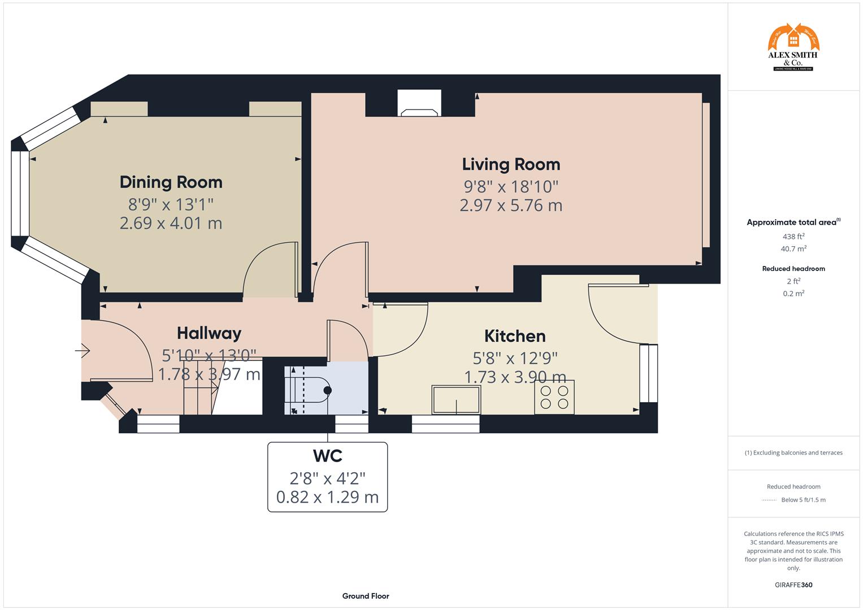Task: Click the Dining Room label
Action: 171,182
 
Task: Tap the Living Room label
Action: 511,164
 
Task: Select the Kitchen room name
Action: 515,336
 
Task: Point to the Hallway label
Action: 209,333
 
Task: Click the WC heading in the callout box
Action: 327,455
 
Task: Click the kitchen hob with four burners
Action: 554,397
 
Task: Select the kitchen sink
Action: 456,400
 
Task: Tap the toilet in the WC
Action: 311,390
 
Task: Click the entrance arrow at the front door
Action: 83,351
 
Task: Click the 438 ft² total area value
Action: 793,237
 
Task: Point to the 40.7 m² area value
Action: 793,249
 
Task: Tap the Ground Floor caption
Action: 366,596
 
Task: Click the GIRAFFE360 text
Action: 793,585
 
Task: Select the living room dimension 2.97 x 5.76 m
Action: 511,205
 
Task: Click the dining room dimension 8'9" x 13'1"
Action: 171,204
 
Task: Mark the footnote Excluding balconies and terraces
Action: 793,452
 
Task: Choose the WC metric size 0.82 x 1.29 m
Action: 327,497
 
